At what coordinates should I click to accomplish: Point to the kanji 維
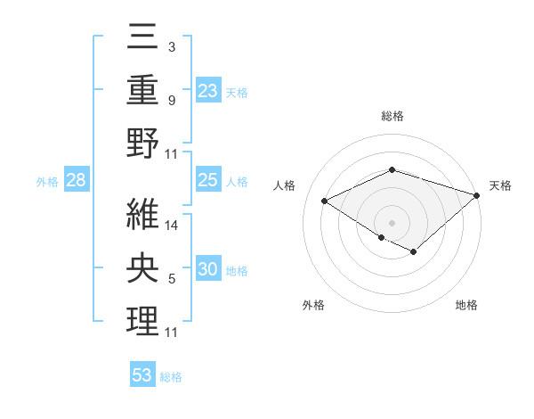pyautogui.click(x=143, y=215)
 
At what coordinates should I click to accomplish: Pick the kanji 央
pyautogui.click(x=143, y=268)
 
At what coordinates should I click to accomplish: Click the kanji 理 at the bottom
pyautogui.click(x=143, y=321)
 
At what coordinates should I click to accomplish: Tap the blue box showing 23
pyautogui.click(x=208, y=90)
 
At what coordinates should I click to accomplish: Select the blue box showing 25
pyautogui.click(x=208, y=180)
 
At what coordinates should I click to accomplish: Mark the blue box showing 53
pyautogui.click(x=142, y=375)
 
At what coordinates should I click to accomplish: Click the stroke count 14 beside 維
pyautogui.click(x=172, y=226)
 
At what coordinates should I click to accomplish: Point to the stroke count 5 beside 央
pyautogui.click(x=172, y=279)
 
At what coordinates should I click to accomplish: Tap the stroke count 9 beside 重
pyautogui.click(x=172, y=100)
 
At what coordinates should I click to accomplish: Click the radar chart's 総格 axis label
pyautogui.click(x=392, y=116)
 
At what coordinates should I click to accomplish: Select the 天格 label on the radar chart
pyautogui.click(x=501, y=185)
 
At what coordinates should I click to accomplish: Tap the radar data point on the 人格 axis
pyautogui.click(x=325, y=201)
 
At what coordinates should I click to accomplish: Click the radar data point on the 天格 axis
pyautogui.click(x=478, y=195)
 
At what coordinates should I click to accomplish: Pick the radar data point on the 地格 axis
pyautogui.click(x=414, y=252)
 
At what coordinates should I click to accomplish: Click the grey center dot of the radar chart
pyautogui.click(x=392, y=222)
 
